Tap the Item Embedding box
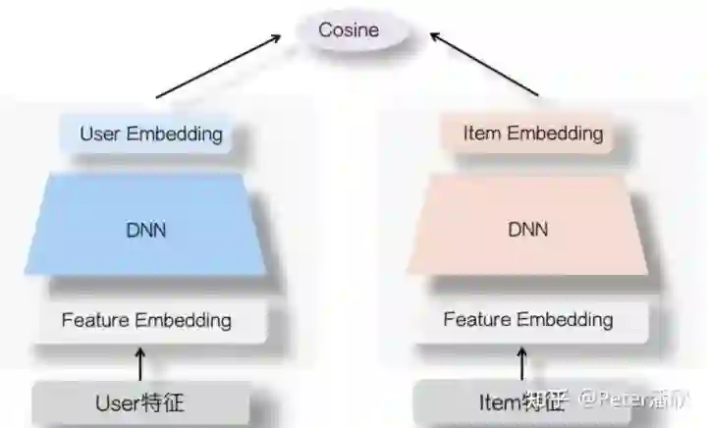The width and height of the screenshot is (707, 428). point(531,134)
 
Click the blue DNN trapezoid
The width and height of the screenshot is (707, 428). point(146,230)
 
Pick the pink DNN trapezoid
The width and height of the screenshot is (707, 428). point(528,230)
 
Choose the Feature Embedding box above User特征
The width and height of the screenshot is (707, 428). point(146,320)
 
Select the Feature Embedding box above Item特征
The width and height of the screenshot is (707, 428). point(527,320)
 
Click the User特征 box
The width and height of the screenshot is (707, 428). point(139,402)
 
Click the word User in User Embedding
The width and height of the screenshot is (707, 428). point(99,134)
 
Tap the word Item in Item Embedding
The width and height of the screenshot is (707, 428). point(481,134)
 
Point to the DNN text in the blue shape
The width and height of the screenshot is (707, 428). point(146,230)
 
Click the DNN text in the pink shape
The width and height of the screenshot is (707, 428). point(528,230)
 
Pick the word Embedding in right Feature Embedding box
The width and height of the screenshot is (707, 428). point(565,320)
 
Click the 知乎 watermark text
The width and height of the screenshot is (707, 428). point(544,401)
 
